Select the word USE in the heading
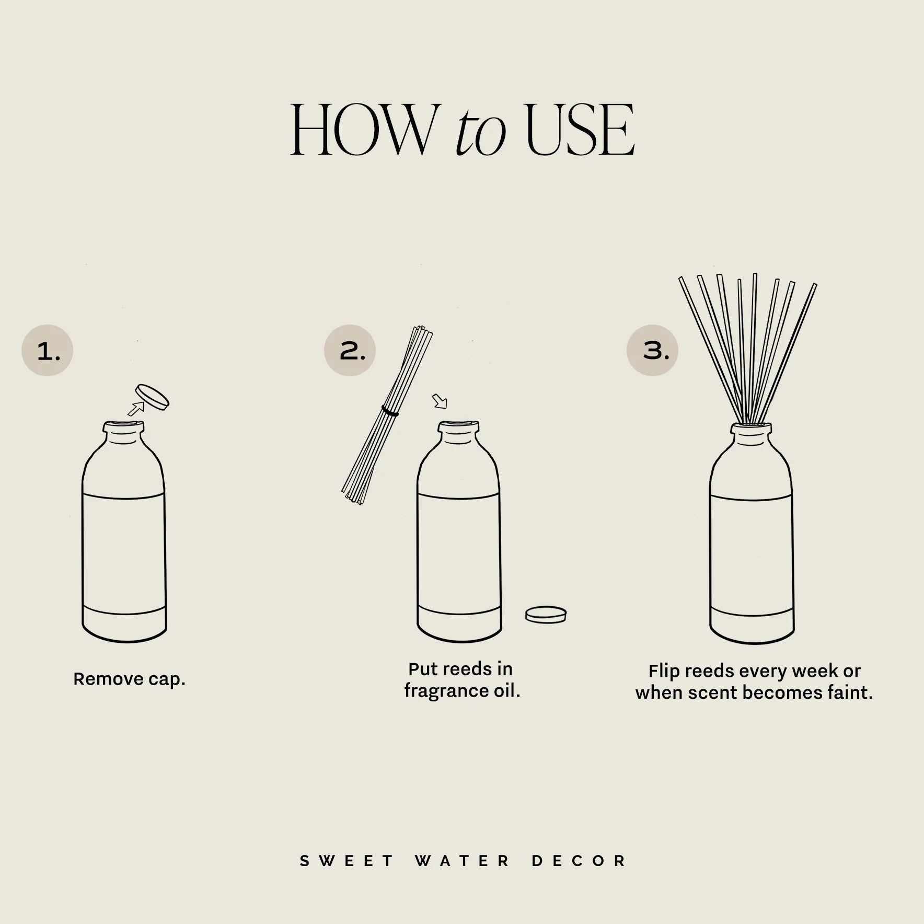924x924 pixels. (580, 130)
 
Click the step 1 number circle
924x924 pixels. (47, 351)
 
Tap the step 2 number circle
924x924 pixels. (350, 351)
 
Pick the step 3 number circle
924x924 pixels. (652, 351)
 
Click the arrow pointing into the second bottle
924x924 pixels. (440, 401)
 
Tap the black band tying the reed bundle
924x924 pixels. (390, 412)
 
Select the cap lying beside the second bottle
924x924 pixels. (546, 614)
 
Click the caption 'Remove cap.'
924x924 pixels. (129, 679)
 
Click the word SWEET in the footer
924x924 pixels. (346, 861)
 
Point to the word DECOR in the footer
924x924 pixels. (579, 861)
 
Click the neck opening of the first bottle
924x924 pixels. (123, 426)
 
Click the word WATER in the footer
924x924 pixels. (463, 861)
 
